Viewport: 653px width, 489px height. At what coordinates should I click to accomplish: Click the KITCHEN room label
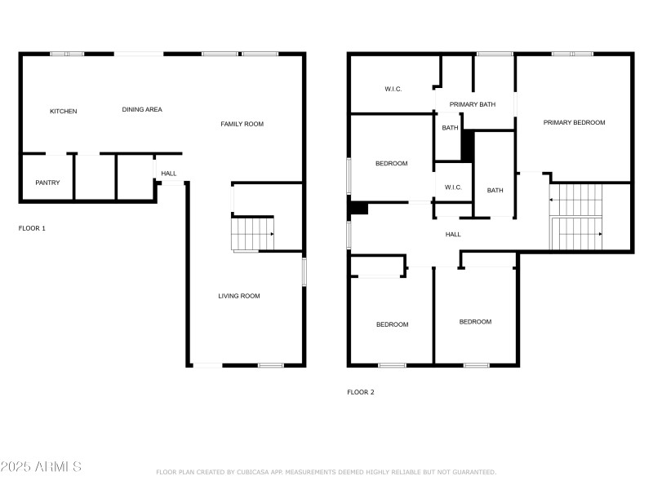pyautogui.click(x=64, y=112)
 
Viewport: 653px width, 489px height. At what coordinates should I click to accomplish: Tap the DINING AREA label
pyautogui.click(x=142, y=110)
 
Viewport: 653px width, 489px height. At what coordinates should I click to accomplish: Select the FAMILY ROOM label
pyautogui.click(x=242, y=124)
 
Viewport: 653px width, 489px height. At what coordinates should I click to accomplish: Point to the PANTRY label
pyautogui.click(x=47, y=183)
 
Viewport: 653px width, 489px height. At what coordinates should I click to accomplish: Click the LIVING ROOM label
pyautogui.click(x=239, y=296)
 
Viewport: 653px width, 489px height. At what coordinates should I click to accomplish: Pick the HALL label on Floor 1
pyautogui.click(x=169, y=174)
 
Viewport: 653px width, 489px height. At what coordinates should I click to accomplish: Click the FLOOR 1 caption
pyautogui.click(x=32, y=228)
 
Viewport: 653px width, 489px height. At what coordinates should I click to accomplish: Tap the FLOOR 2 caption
pyautogui.click(x=361, y=392)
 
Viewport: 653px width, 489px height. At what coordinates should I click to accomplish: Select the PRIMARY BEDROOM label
pyautogui.click(x=575, y=123)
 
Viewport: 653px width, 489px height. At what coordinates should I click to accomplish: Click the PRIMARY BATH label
pyautogui.click(x=473, y=104)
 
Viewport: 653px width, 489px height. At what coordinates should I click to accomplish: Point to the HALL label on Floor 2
pyautogui.click(x=453, y=235)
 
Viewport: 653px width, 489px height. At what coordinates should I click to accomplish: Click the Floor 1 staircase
pyautogui.click(x=252, y=234)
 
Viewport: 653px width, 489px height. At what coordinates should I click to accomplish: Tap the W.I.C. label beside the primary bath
pyautogui.click(x=393, y=89)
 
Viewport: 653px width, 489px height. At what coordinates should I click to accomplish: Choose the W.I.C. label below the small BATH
pyautogui.click(x=453, y=187)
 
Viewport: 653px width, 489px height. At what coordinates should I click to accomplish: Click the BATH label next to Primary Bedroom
pyautogui.click(x=495, y=191)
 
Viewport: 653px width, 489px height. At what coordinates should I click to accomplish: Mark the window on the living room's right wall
pyautogui.click(x=304, y=272)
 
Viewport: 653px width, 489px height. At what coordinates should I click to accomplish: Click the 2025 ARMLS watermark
pyautogui.click(x=41, y=466)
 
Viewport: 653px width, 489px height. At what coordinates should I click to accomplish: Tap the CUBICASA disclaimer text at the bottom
pyautogui.click(x=326, y=472)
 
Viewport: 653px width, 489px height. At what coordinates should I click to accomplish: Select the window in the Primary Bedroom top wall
pyautogui.click(x=573, y=54)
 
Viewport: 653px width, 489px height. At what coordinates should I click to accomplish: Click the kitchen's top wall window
pyautogui.click(x=67, y=54)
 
